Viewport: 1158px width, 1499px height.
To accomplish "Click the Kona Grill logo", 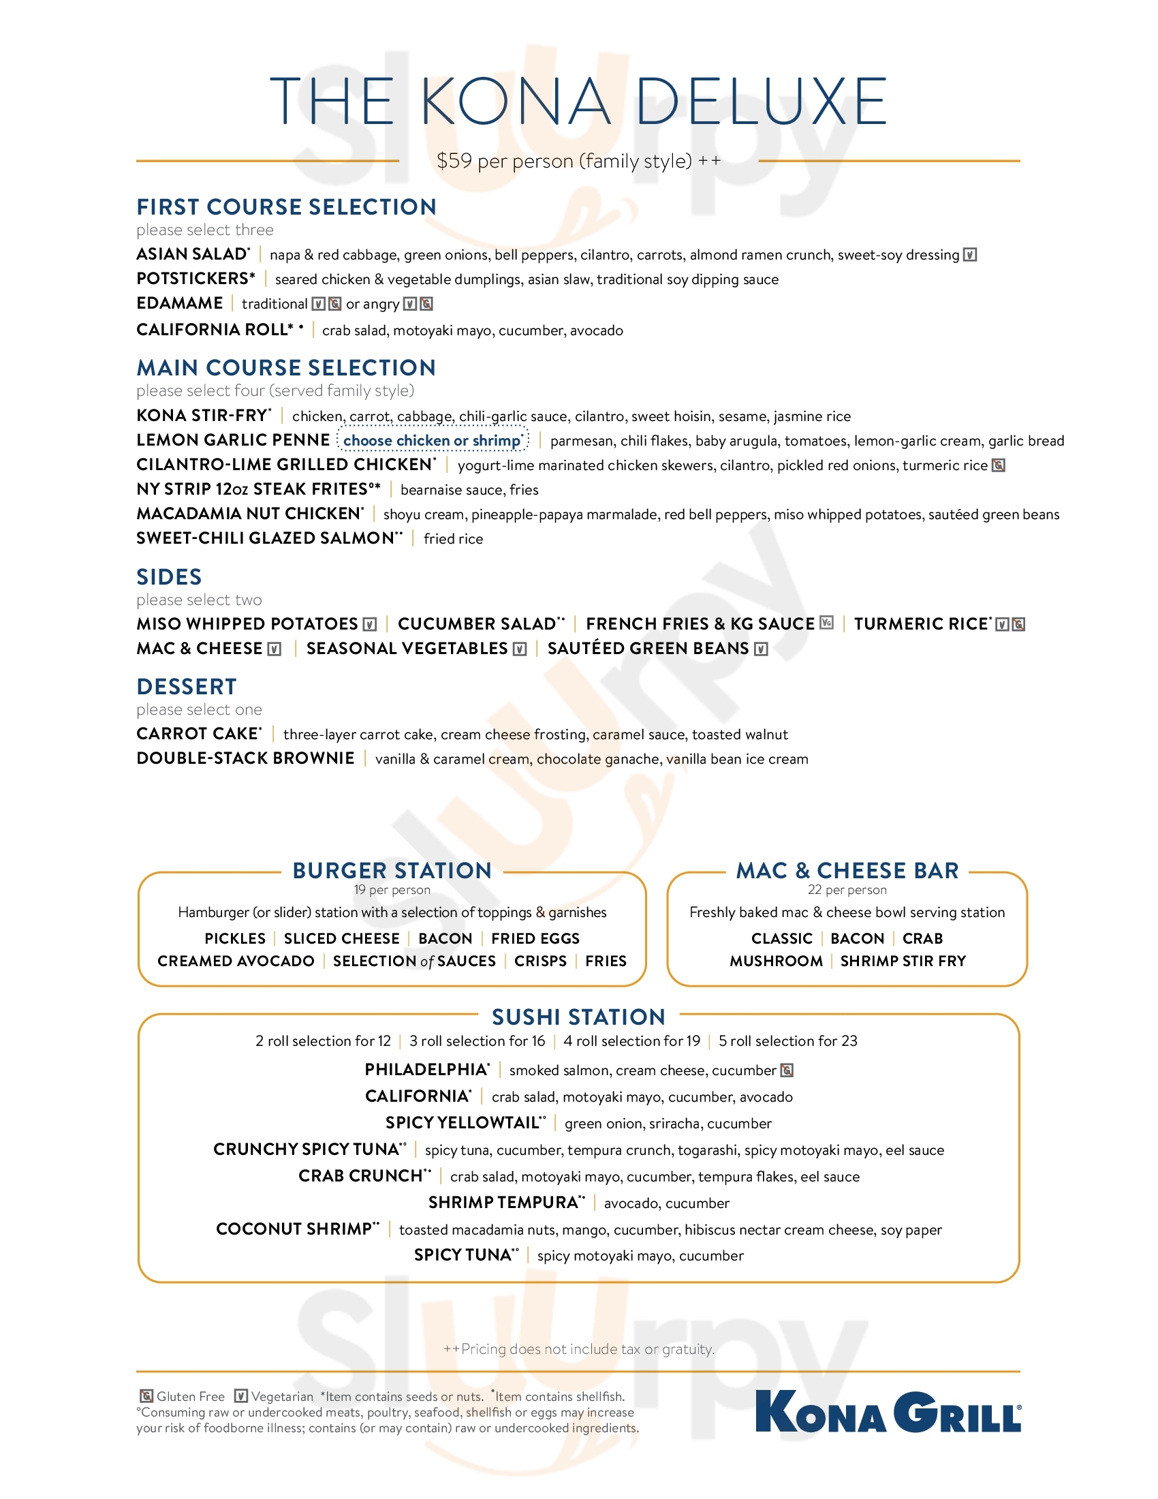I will (888, 1412).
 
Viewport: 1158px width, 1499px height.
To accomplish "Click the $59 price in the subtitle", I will (454, 161).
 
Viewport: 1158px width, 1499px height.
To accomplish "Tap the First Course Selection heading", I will (286, 206).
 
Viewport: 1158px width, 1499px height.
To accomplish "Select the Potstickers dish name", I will (195, 279).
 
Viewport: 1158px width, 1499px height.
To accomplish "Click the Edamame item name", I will (180, 303).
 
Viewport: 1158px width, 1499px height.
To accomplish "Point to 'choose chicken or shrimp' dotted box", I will (433, 440).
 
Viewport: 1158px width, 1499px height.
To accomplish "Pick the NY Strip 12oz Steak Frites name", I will (258, 489).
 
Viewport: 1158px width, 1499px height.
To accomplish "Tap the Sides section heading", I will (169, 576).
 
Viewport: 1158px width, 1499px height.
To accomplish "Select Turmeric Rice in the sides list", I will (922, 624).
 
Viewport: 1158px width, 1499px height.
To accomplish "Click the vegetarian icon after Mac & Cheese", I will (275, 649).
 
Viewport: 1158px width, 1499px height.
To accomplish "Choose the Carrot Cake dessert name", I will (198, 734).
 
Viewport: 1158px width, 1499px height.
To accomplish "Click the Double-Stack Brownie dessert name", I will (246, 758).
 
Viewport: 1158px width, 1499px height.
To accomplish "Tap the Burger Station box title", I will (392, 870).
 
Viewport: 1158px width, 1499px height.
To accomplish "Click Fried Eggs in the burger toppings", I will (535, 938).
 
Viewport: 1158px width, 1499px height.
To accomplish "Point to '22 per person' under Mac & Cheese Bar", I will (847, 891).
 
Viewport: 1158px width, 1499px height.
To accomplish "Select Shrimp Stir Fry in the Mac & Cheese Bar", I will (903, 961).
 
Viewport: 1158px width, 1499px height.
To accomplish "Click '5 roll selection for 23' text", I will (787, 1041).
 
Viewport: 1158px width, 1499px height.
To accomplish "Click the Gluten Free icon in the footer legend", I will (146, 1396).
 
